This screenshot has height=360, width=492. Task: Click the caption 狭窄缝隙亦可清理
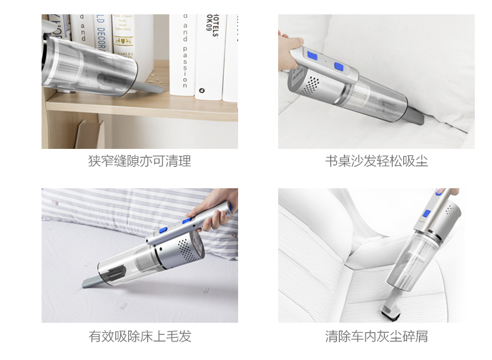(139, 161)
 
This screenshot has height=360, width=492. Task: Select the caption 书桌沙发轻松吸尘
(376, 161)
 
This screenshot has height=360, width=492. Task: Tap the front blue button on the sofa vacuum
(338, 68)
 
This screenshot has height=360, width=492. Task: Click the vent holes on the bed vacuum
(184, 250)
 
